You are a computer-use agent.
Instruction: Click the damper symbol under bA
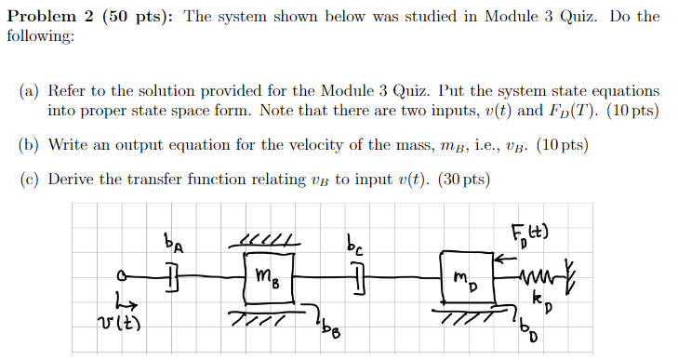pyautogui.click(x=172, y=276)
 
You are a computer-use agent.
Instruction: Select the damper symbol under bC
pyautogui.click(x=359, y=276)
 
